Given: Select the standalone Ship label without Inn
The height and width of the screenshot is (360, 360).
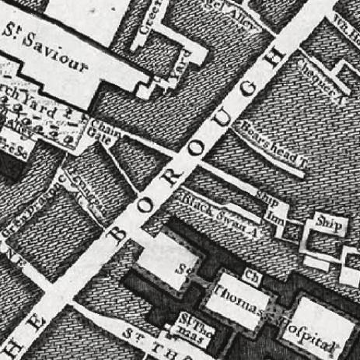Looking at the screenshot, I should [x=323, y=220].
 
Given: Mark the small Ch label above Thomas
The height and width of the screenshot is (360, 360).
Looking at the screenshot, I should [x=250, y=275].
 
